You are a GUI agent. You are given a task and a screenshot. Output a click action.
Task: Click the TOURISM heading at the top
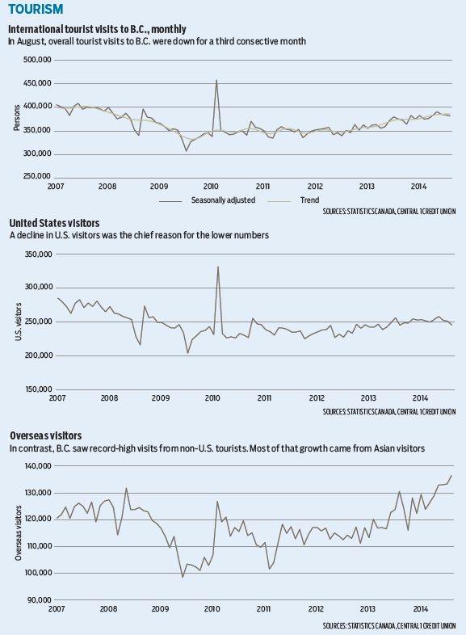click(x=36, y=9)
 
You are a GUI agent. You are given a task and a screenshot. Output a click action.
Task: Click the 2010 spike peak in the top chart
click(x=216, y=80)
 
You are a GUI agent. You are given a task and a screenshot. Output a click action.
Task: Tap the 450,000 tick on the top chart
click(x=37, y=83)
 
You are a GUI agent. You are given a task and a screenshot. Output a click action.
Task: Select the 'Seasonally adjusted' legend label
click(x=223, y=200)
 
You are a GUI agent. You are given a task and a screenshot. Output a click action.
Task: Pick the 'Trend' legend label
click(x=309, y=200)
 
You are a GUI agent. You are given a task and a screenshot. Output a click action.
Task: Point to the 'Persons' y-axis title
click(x=17, y=118)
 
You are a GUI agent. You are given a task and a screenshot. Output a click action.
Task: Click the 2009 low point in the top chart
click(x=187, y=151)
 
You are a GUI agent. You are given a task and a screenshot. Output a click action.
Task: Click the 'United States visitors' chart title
click(x=54, y=223)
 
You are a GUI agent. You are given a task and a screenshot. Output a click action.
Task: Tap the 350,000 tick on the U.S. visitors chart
click(x=39, y=254)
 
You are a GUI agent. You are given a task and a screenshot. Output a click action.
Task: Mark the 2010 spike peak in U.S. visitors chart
click(x=218, y=267)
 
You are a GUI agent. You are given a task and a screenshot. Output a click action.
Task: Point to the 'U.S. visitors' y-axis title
click(x=19, y=322)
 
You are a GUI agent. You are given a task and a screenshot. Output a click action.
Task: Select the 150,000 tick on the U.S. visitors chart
click(x=39, y=389)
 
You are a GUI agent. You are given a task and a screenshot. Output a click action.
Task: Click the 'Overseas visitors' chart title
click(x=46, y=435)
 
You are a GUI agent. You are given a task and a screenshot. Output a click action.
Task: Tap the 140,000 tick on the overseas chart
click(x=38, y=466)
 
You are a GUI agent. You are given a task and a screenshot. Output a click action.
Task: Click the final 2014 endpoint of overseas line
click(x=451, y=475)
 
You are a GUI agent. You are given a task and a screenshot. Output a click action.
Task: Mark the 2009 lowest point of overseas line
click(x=183, y=577)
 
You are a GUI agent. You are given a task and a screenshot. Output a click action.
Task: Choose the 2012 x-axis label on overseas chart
click(x=316, y=609)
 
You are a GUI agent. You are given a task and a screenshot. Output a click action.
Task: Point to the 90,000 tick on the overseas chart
click(x=40, y=599)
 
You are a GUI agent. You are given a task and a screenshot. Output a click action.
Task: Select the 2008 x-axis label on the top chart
click(x=107, y=187)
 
